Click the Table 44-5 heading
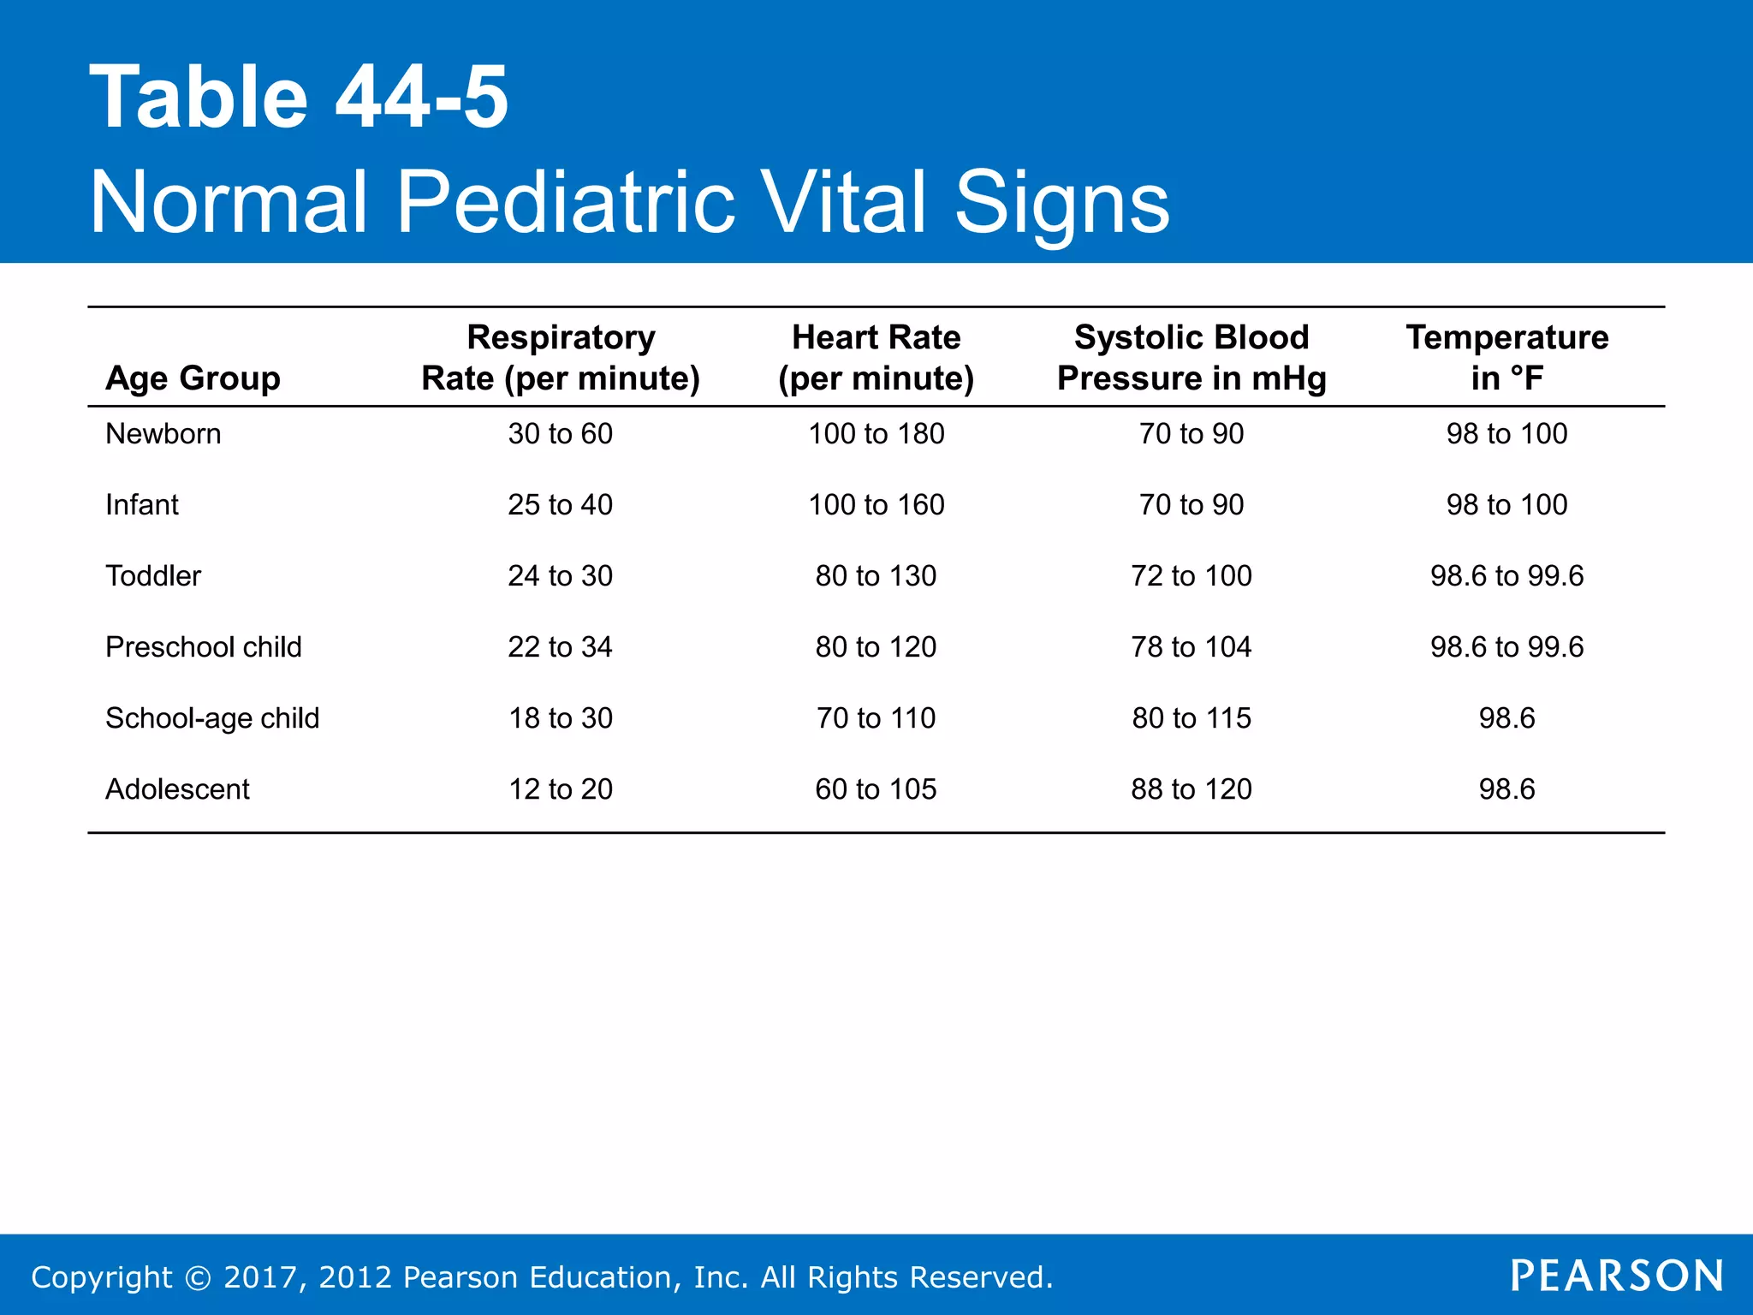[299, 98]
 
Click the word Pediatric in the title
[565, 202]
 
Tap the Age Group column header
[193, 378]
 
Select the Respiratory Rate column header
[561, 358]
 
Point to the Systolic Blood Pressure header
[1191, 358]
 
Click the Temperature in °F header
[1506, 358]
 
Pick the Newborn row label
[163, 434]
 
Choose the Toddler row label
[153, 576]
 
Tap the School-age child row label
[211, 718]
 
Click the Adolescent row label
[177, 789]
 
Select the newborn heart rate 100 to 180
[876, 434]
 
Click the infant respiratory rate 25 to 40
[561, 505]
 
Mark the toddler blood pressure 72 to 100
[1191, 576]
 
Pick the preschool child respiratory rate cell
[561, 647]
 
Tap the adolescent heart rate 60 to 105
[876, 789]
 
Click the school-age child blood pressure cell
[1191, 718]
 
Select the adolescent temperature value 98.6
[1506, 789]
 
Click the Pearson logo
[1616, 1276]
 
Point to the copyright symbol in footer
[198, 1278]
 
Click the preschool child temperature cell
[1506, 647]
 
